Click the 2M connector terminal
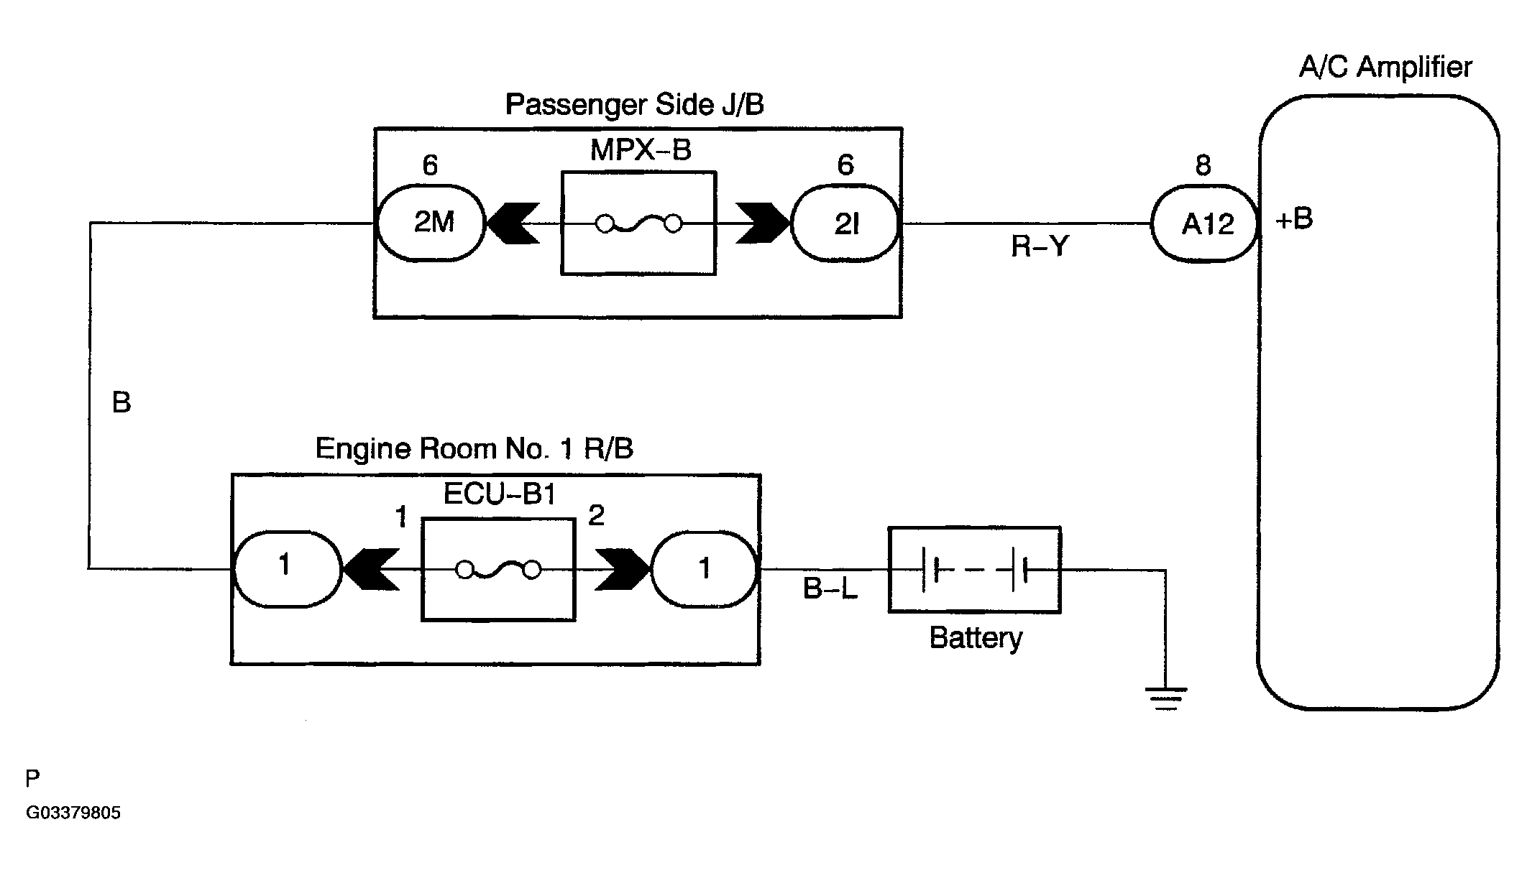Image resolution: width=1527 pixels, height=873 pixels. tap(431, 223)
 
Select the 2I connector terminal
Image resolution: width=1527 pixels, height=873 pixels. tap(845, 224)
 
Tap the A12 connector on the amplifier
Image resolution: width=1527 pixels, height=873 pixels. tap(1205, 224)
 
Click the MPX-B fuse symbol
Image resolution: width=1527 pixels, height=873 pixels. tap(638, 225)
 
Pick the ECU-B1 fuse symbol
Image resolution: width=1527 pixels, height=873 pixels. tap(498, 571)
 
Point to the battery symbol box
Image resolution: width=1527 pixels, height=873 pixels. tap(974, 571)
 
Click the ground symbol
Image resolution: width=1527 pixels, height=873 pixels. tap(1165, 698)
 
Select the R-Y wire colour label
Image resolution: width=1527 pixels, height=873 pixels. tap(1040, 246)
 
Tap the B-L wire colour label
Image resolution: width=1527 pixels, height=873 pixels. tap(830, 589)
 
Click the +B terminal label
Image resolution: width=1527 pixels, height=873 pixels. tap(1294, 218)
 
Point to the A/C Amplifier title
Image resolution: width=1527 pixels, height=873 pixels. tap(1385, 68)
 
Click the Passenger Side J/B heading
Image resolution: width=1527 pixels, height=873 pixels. tap(634, 105)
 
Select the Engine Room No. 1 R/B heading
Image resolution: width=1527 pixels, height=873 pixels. tap(474, 448)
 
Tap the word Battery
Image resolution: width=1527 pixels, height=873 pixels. tap(976, 638)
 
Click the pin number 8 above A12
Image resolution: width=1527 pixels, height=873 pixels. tap(1203, 166)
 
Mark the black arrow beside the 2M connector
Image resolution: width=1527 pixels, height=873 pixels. tap(513, 223)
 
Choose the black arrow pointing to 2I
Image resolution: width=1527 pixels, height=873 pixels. tap(763, 223)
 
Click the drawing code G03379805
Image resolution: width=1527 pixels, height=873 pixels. tap(73, 813)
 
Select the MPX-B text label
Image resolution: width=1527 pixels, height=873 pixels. tap(641, 150)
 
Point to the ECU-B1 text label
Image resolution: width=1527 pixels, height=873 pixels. tap(500, 494)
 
